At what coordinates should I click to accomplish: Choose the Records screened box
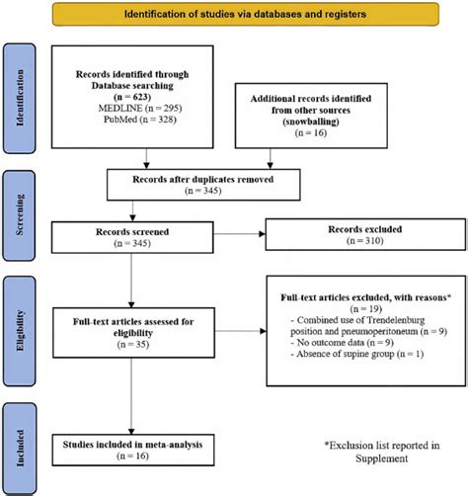tap(131, 237)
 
